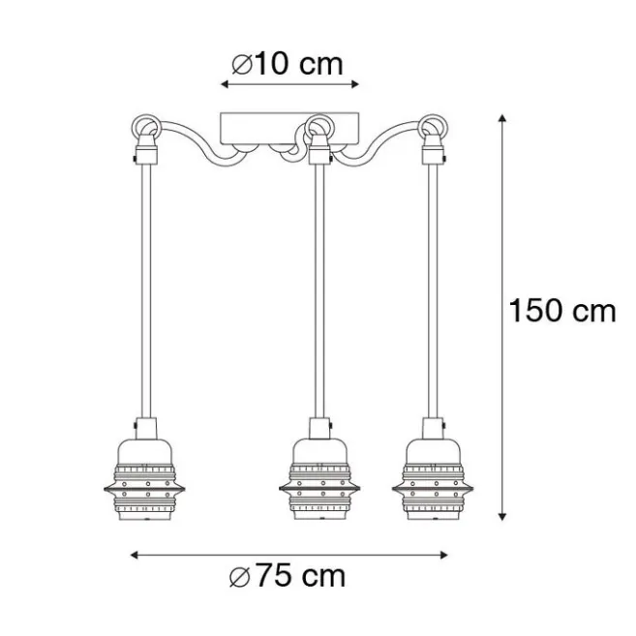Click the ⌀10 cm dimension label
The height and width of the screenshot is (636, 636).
(x=288, y=64)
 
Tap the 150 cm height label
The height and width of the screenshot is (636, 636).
(x=562, y=311)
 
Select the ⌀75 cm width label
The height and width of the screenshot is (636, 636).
(x=288, y=576)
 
